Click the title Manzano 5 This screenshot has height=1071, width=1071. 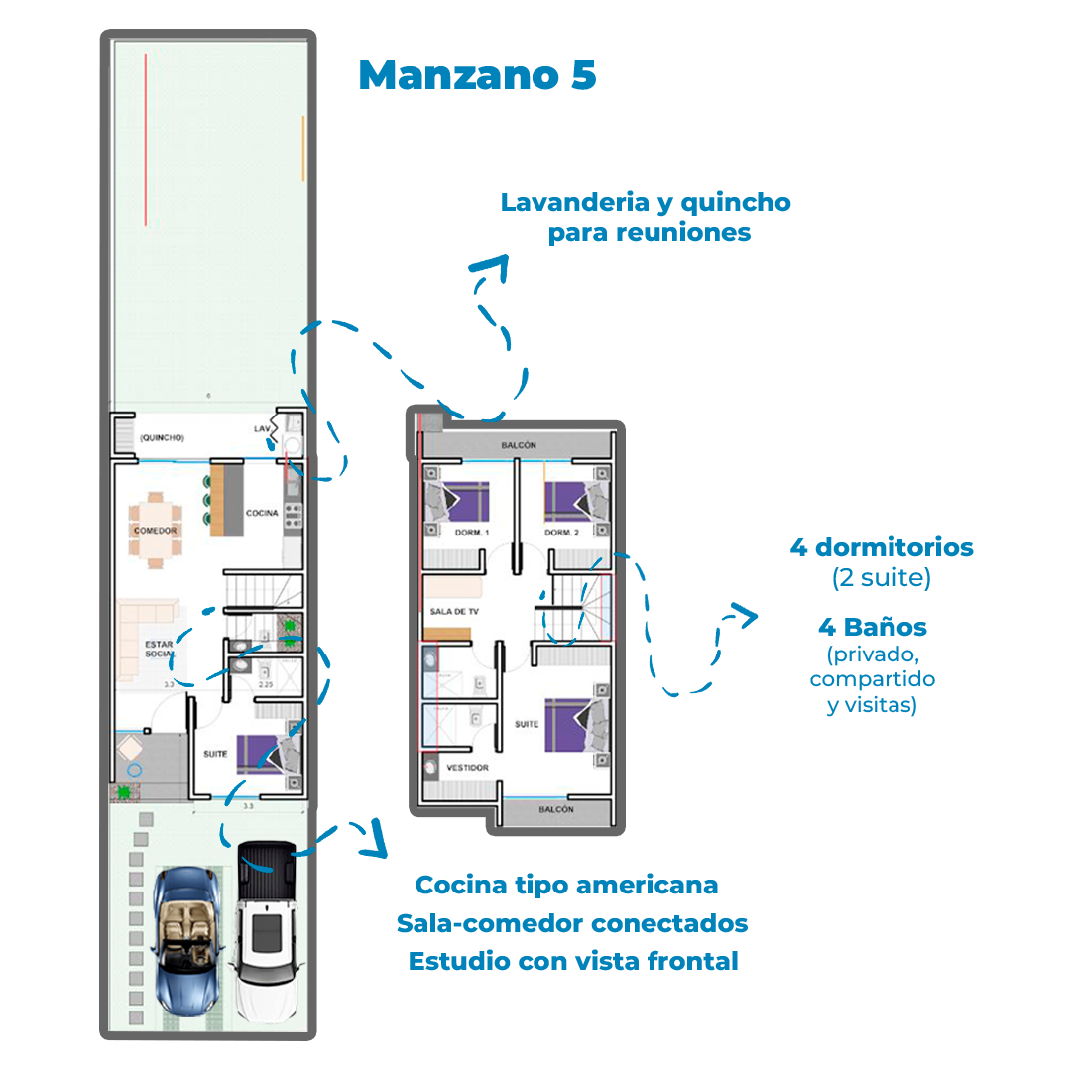478,75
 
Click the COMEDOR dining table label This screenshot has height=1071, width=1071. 155,531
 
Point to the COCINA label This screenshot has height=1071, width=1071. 262,513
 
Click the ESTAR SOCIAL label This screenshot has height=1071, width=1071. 159,650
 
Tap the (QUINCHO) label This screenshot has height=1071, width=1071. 162,437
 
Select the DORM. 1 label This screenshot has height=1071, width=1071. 473,534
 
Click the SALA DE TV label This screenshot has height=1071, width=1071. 455,612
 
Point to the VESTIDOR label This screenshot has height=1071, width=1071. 468,768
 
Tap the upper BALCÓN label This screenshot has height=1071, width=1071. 518,446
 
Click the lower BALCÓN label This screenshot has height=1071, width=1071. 556,810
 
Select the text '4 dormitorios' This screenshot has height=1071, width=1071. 882,547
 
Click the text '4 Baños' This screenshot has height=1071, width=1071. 872,628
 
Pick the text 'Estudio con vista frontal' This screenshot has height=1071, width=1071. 573,961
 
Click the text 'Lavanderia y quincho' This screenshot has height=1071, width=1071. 646,203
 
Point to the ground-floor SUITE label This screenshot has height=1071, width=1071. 215,755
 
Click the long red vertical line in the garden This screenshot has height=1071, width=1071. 146,139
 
